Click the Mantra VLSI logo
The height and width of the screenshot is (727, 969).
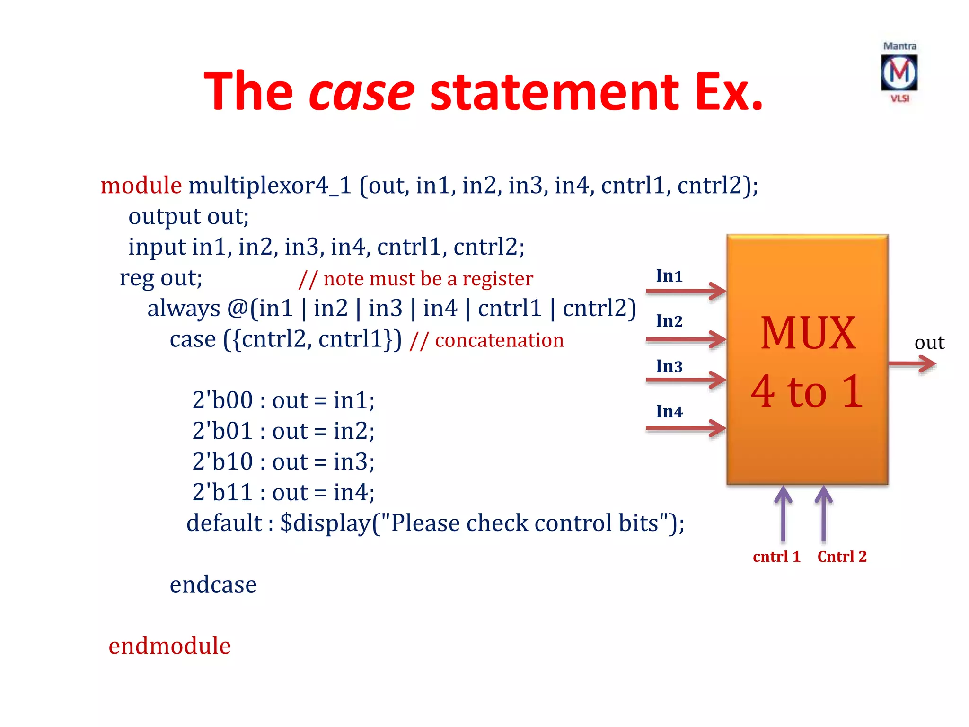[899, 72]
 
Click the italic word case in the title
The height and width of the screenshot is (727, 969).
[361, 91]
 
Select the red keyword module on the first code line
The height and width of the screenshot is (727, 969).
[141, 185]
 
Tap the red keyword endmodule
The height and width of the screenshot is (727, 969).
[169, 646]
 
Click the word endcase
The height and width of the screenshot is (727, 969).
[213, 585]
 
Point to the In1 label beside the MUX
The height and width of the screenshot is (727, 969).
[669, 276]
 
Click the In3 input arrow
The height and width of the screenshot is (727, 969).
[686, 380]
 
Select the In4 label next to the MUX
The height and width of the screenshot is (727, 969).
[669, 412]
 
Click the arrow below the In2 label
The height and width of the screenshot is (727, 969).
[686, 339]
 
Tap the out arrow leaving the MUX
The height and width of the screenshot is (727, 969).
[912, 364]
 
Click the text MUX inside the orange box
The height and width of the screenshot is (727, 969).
[808, 333]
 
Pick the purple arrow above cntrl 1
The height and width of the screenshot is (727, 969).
[783, 514]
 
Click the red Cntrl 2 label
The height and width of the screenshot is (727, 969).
[842, 557]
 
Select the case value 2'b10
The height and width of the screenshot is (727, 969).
[222, 461]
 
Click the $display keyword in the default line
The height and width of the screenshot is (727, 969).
[325, 523]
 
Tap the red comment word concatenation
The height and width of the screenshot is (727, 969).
[499, 340]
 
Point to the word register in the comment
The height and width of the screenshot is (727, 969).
[497, 279]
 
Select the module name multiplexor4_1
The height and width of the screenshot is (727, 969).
[270, 186]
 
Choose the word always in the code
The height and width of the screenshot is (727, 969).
[184, 309]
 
